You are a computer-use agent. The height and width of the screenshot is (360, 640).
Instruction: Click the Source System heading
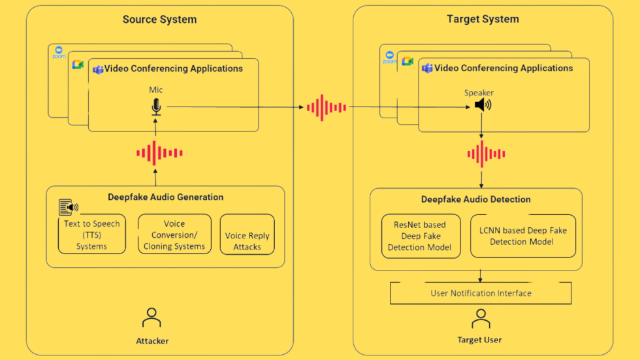point(159,20)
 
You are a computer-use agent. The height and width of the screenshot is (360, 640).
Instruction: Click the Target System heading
point(483,20)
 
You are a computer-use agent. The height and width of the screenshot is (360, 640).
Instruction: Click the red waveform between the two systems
point(327,108)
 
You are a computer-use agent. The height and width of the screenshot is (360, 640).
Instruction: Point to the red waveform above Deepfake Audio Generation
point(159,154)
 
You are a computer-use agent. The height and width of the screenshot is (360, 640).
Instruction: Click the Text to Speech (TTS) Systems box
point(91,235)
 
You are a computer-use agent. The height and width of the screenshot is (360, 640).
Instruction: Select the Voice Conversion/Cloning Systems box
point(174,235)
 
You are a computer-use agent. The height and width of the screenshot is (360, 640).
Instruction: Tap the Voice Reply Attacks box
point(247,240)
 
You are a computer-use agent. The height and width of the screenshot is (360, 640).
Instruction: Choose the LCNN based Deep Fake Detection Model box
point(523,236)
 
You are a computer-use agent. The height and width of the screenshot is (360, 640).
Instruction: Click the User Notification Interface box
point(481,293)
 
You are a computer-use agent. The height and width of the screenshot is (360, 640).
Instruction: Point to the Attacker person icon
point(152,318)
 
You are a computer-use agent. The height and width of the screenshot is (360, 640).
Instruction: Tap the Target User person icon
point(481,318)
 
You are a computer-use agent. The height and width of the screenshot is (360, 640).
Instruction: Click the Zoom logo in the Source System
point(59,52)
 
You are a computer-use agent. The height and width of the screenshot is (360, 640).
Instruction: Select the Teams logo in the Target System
point(427,69)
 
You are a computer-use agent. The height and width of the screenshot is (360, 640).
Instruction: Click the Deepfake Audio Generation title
point(165,197)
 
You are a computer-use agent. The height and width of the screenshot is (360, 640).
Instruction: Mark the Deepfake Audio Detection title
point(475,199)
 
